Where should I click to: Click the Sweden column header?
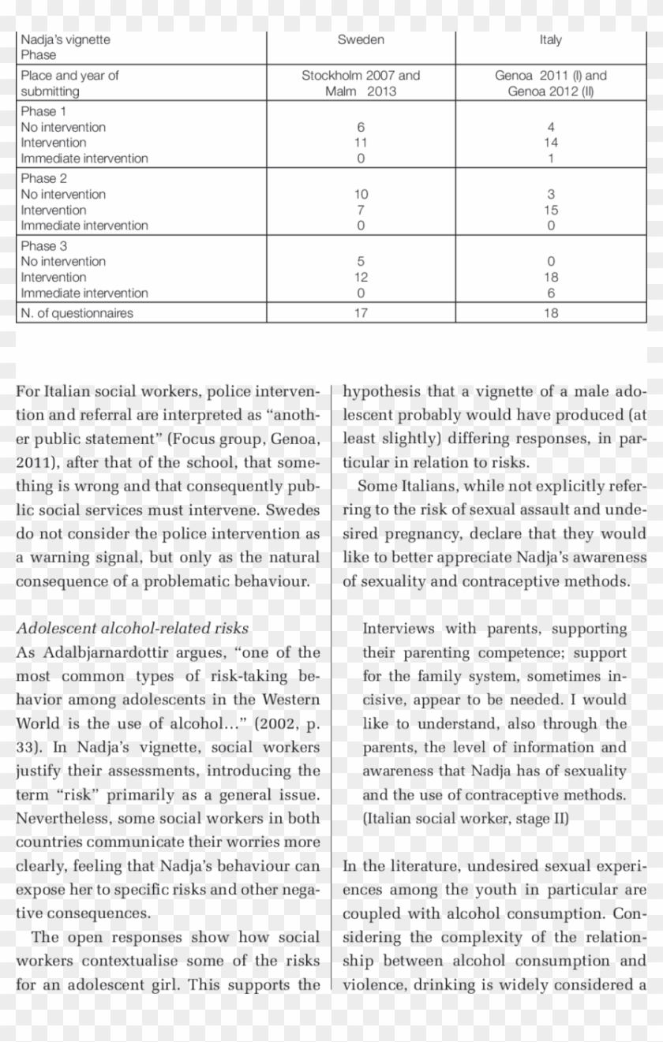tap(361, 39)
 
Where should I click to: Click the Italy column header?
tap(550, 39)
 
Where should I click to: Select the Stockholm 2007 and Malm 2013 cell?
tap(361, 84)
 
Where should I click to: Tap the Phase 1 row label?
tap(44, 111)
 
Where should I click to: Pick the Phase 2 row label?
tap(44, 178)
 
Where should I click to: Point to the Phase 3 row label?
tap(44, 245)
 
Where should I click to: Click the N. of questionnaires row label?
tap(77, 313)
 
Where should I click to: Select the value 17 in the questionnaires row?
tap(361, 313)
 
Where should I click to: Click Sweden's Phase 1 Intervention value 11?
tap(361, 143)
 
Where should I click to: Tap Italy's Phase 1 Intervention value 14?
tap(550, 143)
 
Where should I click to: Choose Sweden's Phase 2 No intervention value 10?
tap(361, 194)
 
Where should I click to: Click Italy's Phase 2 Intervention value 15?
tap(550, 210)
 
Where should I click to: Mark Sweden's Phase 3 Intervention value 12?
tap(361, 277)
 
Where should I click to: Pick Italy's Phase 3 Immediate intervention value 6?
tap(550, 293)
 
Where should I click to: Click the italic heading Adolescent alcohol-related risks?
tap(133, 629)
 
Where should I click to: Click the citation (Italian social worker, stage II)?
tap(465, 819)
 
